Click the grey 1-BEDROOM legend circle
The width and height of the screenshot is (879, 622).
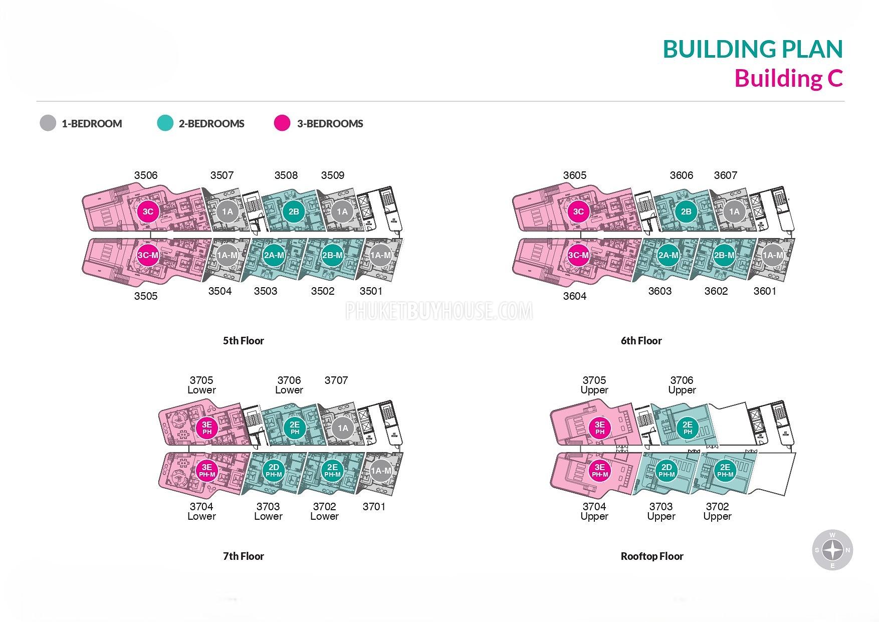[48, 123]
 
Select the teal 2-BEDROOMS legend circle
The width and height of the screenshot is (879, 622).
[165, 123]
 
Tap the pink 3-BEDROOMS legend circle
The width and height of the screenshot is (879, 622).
[282, 123]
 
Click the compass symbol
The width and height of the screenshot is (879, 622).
[832, 550]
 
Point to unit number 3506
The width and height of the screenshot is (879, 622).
[146, 175]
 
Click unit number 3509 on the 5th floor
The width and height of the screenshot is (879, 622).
[333, 175]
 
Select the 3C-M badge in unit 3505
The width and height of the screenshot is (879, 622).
[148, 255]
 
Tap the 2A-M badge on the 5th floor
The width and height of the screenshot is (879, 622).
[274, 255]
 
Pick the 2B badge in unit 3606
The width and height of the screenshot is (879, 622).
[686, 212]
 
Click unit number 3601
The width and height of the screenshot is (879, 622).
[765, 291]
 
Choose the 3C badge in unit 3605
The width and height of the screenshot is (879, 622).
[578, 212]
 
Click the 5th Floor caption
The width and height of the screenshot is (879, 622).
[243, 341]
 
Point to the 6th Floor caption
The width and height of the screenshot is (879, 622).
[641, 341]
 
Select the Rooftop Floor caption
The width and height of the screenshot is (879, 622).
[651, 556]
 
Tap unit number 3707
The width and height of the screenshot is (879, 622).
[336, 380]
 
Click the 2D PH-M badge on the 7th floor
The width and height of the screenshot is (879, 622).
[274, 471]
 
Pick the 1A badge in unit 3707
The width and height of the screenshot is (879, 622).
[343, 428]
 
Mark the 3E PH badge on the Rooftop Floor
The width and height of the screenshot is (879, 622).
[600, 428]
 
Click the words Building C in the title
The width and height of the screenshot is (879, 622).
[788, 79]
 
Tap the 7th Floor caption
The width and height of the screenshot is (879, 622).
[243, 556]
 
